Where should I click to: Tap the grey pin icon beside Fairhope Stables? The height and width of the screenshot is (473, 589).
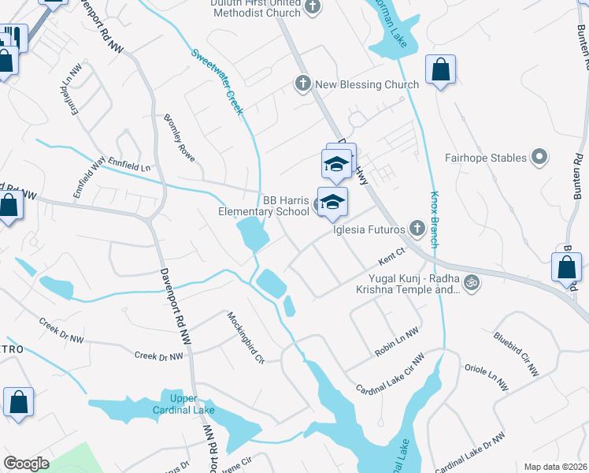click(x=539, y=158)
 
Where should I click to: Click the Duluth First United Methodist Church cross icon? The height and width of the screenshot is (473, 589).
click(x=313, y=7)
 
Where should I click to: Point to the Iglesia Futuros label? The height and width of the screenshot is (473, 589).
click(x=369, y=229)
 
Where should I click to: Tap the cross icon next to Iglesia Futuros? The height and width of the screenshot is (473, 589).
click(x=417, y=229)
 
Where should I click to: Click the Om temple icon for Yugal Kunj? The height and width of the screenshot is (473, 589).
click(x=471, y=281)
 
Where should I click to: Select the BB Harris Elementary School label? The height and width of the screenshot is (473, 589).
click(x=264, y=206)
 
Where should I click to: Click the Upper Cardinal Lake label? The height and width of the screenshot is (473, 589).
click(x=182, y=404)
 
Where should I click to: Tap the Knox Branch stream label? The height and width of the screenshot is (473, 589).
click(x=434, y=219)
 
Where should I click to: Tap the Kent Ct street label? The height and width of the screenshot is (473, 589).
click(x=391, y=256)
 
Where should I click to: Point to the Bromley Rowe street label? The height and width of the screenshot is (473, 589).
click(x=180, y=136)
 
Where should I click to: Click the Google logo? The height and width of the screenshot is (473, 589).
click(x=26, y=464)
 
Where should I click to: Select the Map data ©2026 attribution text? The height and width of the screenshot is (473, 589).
click(x=555, y=467)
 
